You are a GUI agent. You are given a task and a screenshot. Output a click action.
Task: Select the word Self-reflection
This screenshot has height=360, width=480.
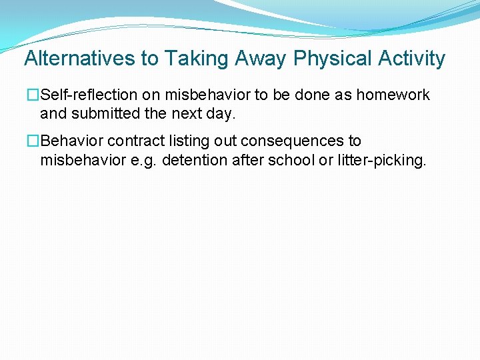pos(89,95)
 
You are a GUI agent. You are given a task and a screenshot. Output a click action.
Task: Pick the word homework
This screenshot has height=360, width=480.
pos(393,95)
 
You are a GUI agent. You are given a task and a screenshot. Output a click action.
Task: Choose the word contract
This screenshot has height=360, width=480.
pos(131,141)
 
